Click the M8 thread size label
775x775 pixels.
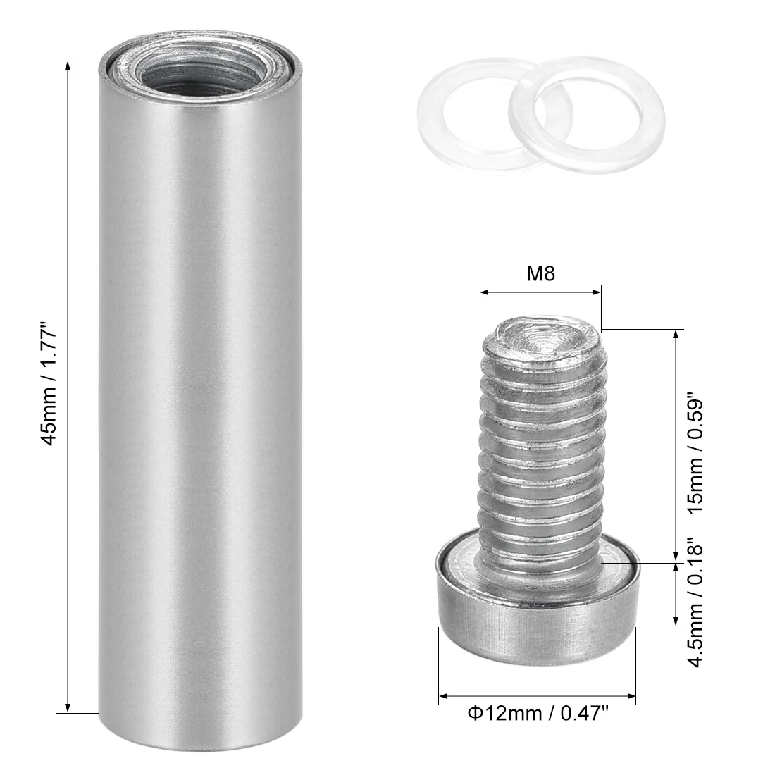coord(540,273)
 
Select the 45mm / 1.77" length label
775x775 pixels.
coord(49,383)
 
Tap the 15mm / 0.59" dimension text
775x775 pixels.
coord(694,452)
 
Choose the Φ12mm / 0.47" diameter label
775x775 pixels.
coord(538,713)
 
